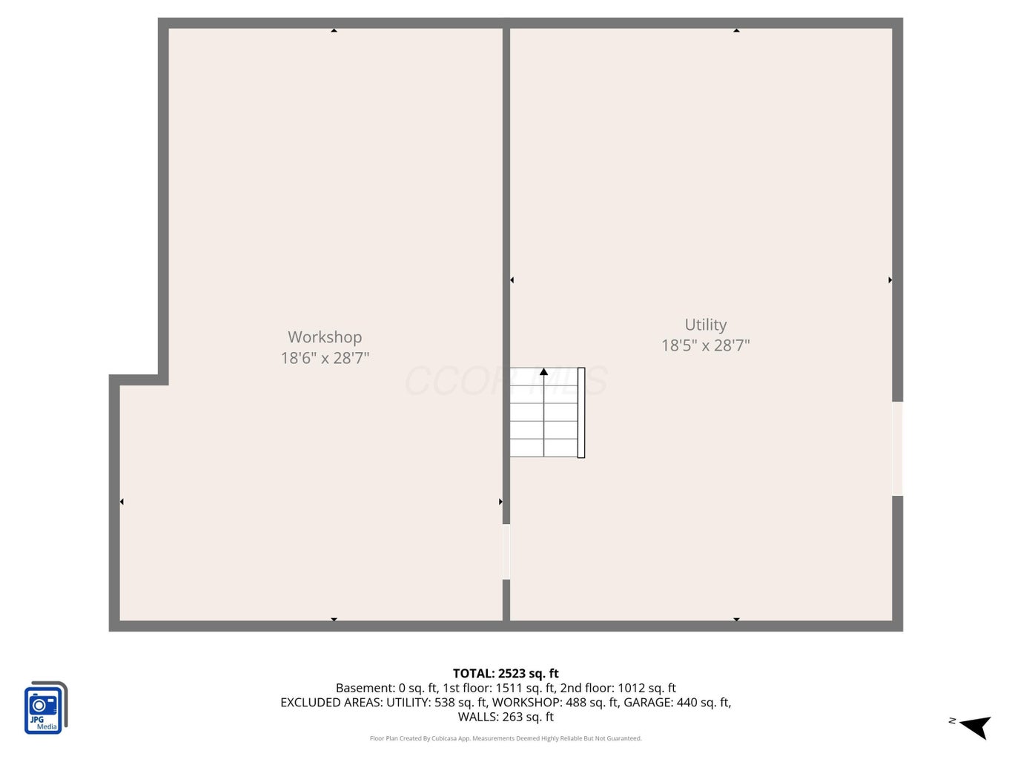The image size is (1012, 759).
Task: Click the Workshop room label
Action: [325, 337]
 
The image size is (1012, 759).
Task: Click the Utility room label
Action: [705, 325]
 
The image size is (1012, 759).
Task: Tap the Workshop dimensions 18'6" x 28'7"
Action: [325, 358]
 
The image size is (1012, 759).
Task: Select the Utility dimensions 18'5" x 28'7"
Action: [705, 345]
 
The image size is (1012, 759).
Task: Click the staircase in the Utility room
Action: [547, 412]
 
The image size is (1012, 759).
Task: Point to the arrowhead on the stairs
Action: [543, 371]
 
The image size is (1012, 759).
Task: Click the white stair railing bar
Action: [581, 412]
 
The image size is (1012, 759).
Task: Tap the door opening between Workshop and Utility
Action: [506, 551]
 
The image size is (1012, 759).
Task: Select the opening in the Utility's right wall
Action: [897, 449]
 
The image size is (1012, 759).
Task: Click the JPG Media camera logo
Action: [46, 707]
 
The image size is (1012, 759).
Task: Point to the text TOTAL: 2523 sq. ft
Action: [506, 673]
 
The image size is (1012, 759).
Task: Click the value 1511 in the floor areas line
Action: [509, 688]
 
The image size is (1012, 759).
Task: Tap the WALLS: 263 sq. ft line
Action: [506, 717]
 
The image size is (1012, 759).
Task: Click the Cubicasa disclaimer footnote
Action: [506, 738]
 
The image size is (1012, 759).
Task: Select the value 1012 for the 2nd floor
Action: [632, 688]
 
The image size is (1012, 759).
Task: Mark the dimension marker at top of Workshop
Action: [334, 30]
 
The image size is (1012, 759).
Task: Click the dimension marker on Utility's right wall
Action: [890, 279]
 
